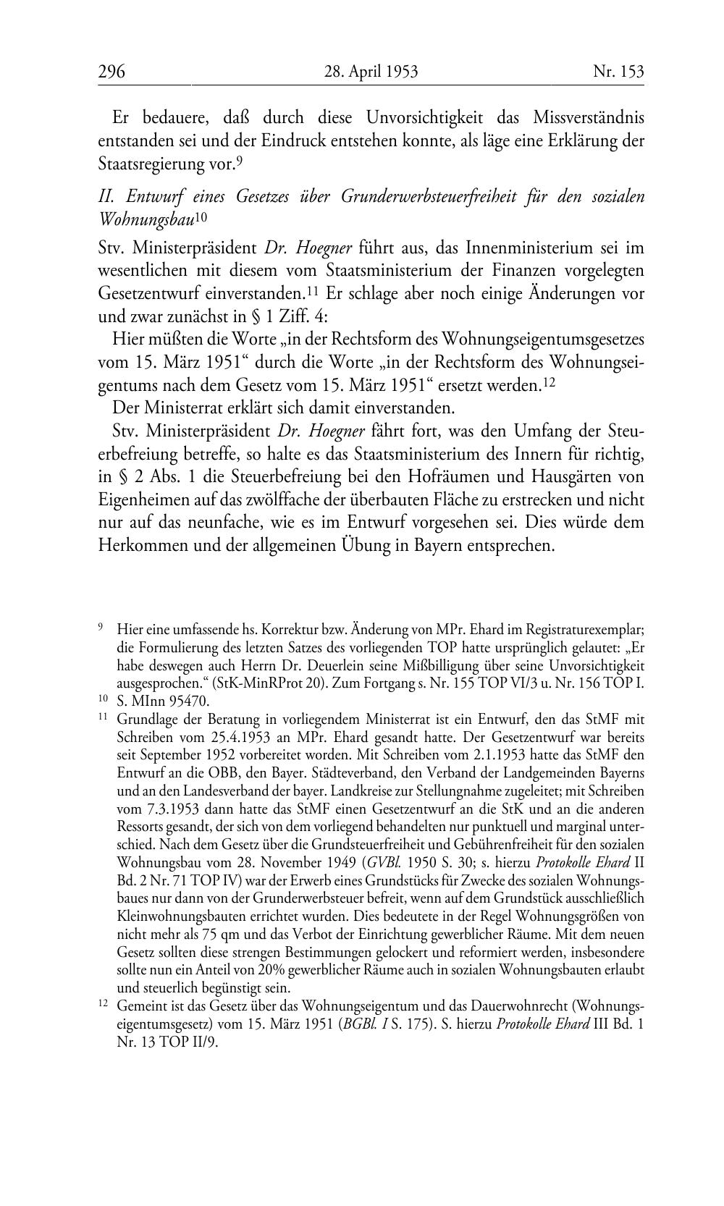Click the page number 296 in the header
pyautogui.click(x=112, y=72)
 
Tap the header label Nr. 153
pyautogui.click(x=618, y=72)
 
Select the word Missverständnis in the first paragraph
pyautogui.click(x=589, y=117)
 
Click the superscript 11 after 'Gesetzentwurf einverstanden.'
pyautogui.click(x=313, y=291)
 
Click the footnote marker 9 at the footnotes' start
pyautogui.click(x=101, y=628)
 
